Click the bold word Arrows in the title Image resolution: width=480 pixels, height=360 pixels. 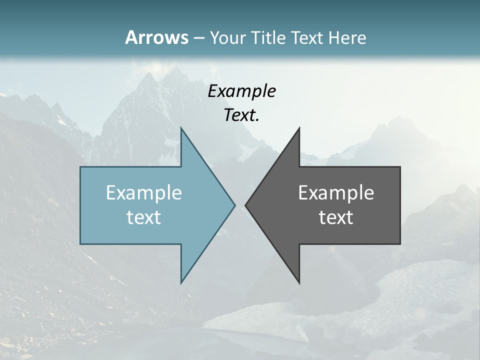pyautogui.click(x=156, y=37)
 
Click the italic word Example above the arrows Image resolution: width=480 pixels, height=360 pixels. pyautogui.click(x=242, y=91)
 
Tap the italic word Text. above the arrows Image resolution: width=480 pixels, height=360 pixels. pyautogui.click(x=242, y=115)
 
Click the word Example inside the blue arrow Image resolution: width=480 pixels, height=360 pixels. pyautogui.click(x=144, y=193)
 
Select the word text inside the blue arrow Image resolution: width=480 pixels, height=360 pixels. pyautogui.click(x=144, y=217)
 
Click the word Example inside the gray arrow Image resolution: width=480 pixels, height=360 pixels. pyautogui.click(x=336, y=193)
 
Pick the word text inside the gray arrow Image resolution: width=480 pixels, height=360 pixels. pyautogui.click(x=336, y=217)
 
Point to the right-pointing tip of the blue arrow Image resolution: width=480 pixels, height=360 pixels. pyautogui.click(x=234, y=205)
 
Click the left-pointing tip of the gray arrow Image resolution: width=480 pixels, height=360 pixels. pyautogui.click(x=245, y=205)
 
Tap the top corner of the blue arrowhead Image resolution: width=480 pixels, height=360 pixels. pyautogui.click(x=181, y=128)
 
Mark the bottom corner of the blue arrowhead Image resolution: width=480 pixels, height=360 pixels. pyautogui.click(x=181, y=282)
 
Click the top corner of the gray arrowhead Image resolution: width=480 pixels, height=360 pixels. pyautogui.click(x=299, y=128)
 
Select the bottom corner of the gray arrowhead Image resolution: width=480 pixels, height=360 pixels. pyautogui.click(x=299, y=282)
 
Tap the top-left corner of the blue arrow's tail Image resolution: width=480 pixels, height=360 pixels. pyautogui.click(x=80, y=167)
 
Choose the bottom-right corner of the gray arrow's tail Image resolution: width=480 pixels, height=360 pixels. pyautogui.click(x=400, y=243)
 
